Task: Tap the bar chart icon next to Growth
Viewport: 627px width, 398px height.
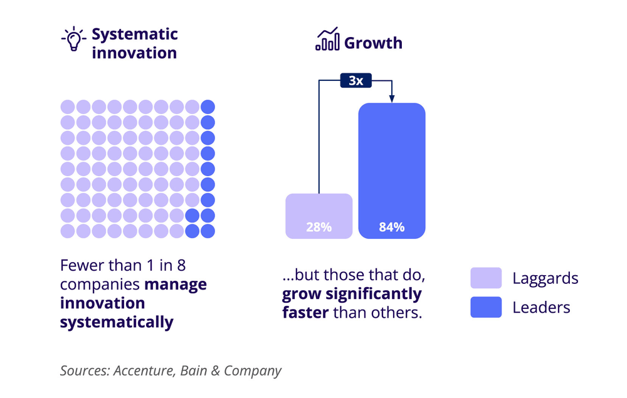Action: coord(327,40)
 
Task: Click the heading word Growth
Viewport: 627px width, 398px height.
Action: coord(374,43)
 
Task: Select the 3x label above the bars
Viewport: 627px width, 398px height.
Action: coord(356,81)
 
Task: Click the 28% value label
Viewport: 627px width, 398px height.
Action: coord(319,227)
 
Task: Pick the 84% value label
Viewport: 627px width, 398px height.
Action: coord(392,227)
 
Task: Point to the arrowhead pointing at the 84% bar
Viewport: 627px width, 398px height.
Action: coord(392,98)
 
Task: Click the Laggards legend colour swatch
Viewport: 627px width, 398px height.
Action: coord(486,278)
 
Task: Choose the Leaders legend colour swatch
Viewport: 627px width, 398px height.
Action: coord(486,307)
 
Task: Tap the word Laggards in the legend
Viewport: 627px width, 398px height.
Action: coord(545,278)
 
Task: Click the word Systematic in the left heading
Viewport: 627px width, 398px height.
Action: coord(135,34)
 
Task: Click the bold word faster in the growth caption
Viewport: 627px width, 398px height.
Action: coord(305,312)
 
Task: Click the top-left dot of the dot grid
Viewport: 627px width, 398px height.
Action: coord(68,107)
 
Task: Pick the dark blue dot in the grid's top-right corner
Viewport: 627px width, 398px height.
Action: coord(208,107)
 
